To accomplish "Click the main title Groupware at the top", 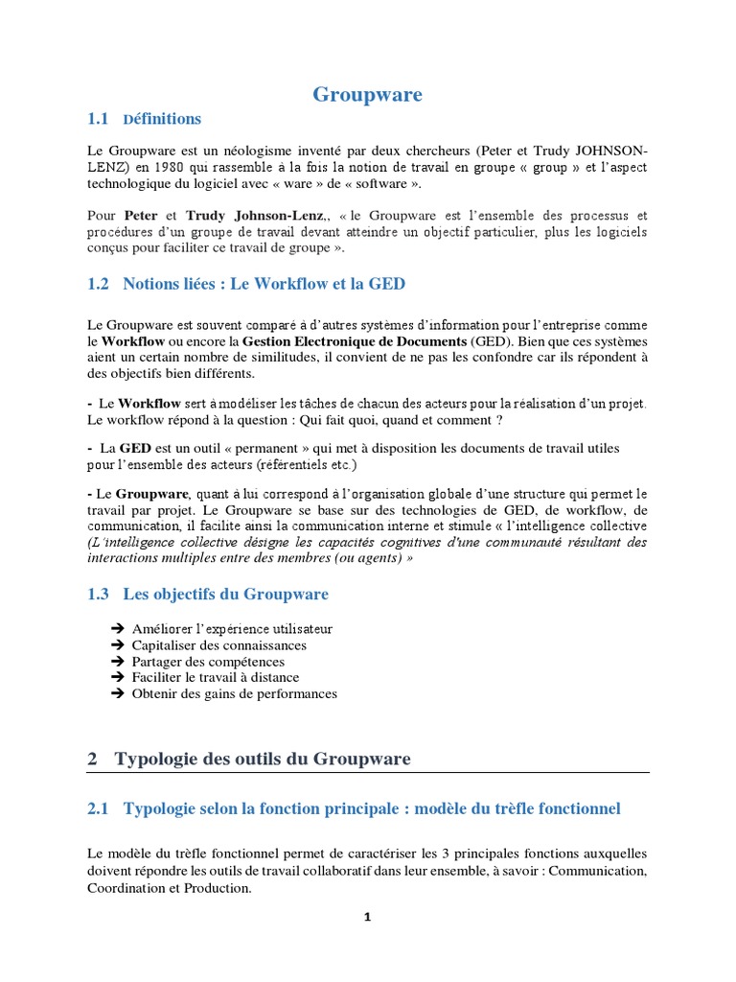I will (368, 94).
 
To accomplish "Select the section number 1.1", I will (98, 119).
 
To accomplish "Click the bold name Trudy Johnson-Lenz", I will (256, 216).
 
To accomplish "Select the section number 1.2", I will (98, 284).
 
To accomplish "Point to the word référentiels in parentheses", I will (297, 464).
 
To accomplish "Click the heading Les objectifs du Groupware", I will (225, 595).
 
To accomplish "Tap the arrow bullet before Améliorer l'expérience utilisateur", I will (118, 629).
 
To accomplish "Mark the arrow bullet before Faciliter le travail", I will (118, 678).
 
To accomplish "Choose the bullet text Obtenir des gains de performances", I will (235, 693).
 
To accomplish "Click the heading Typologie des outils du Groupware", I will (263, 760).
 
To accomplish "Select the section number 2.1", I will (98, 809).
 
